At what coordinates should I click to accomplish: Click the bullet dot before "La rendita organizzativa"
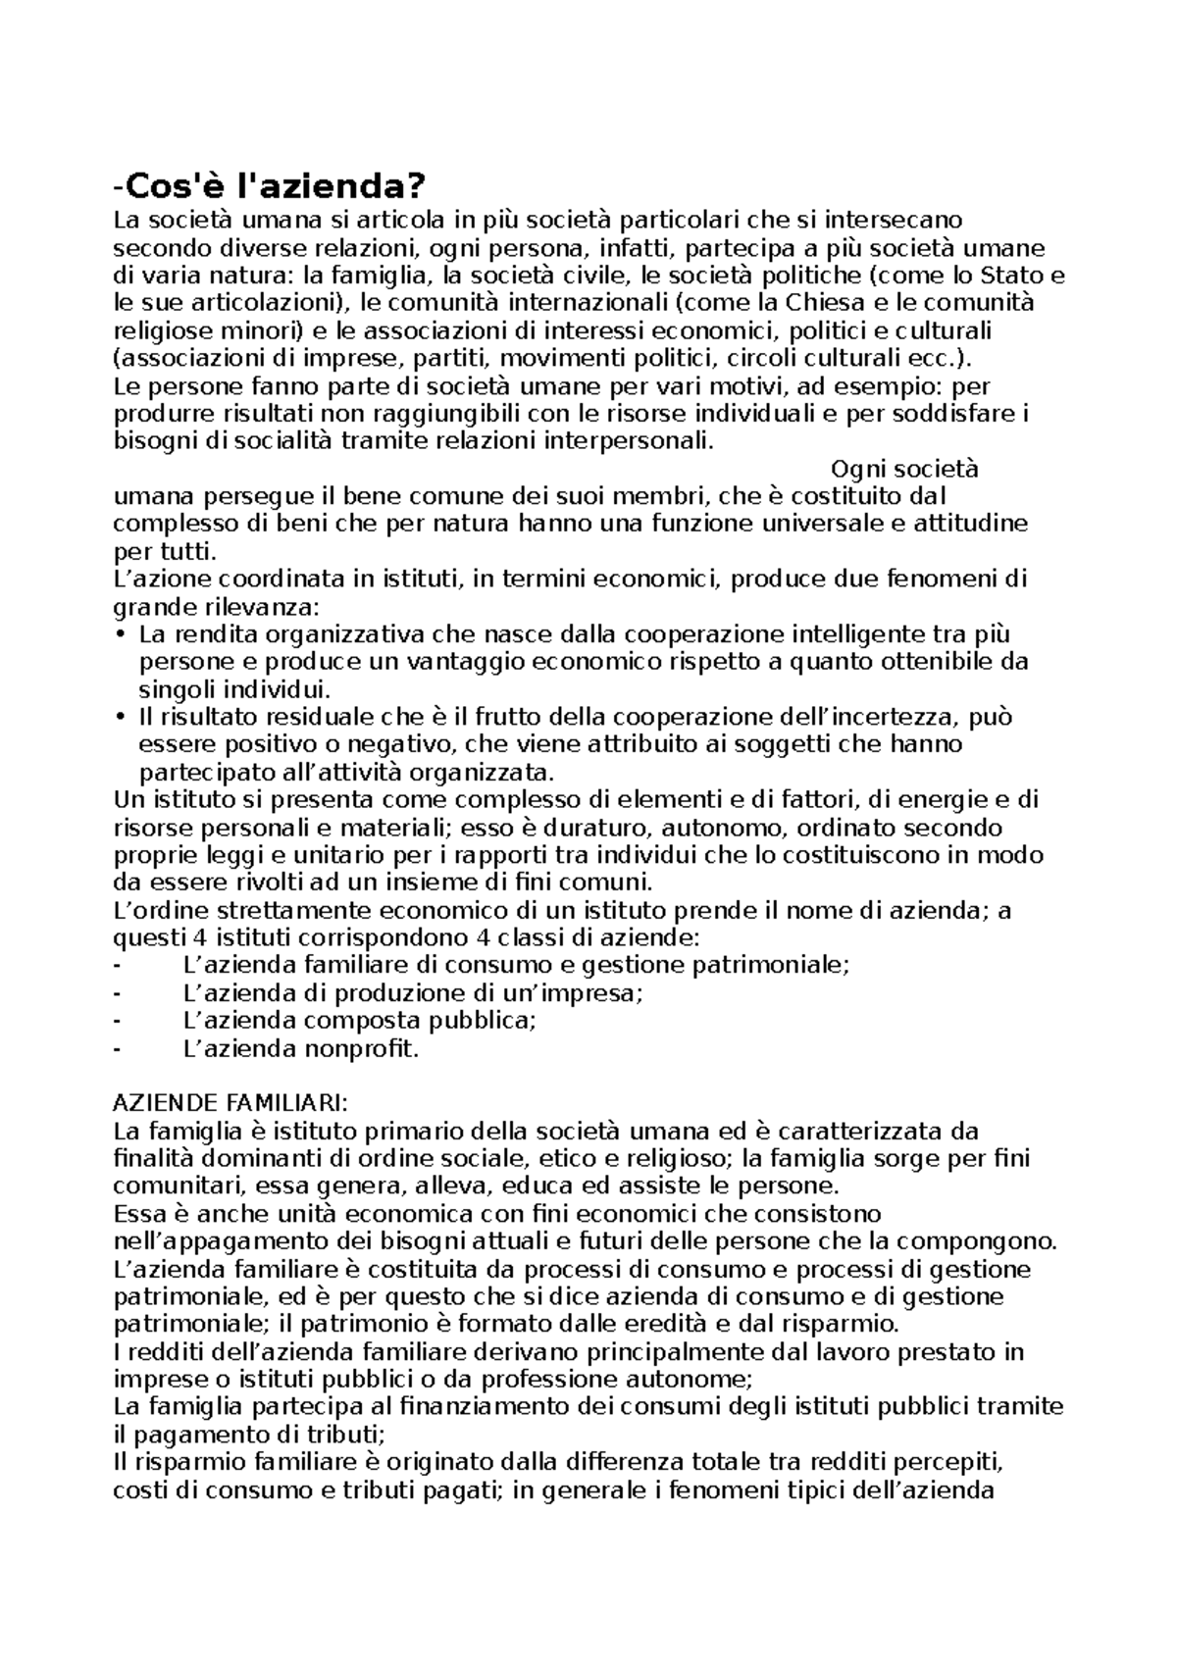pyautogui.click(x=121, y=633)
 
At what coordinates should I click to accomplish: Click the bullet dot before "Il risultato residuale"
pyautogui.click(x=121, y=717)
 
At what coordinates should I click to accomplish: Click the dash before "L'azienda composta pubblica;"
pyautogui.click(x=119, y=1021)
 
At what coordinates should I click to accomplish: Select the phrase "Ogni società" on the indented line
pyautogui.click(x=904, y=469)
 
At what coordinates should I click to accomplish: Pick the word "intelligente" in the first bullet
pyautogui.click(x=856, y=633)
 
